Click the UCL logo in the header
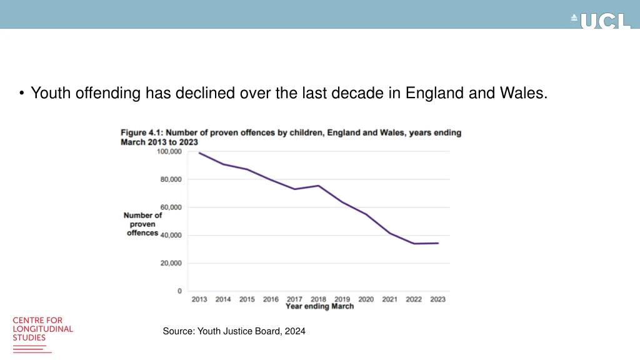click(x=601, y=21)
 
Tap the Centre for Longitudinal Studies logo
click(x=42, y=330)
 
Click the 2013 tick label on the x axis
click(x=199, y=299)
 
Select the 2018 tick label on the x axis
click(x=319, y=299)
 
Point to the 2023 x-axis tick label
click(x=438, y=299)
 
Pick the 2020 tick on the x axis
click(x=366, y=299)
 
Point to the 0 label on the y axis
click(x=179, y=291)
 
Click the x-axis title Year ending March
click(x=319, y=306)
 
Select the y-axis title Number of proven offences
click(x=142, y=224)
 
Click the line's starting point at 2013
click(x=199, y=153)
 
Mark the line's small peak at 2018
click(x=319, y=186)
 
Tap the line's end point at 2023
click(x=438, y=243)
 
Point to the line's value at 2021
click(x=390, y=233)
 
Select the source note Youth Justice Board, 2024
click(x=234, y=331)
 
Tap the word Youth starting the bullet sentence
click(x=51, y=94)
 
